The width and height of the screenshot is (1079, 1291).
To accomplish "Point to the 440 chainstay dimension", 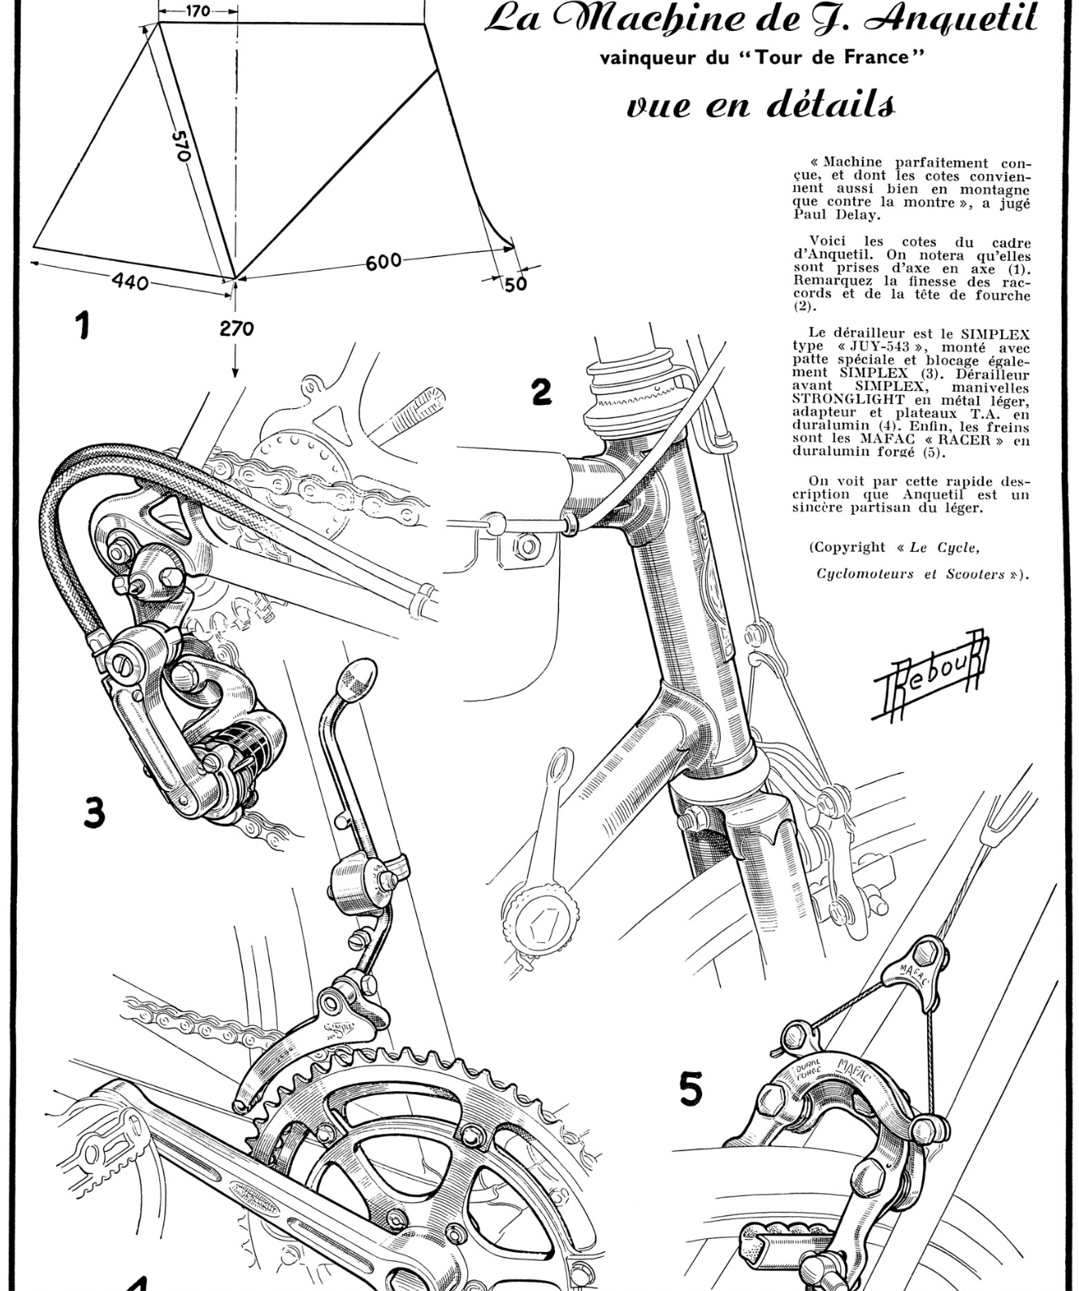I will pyautogui.click(x=130, y=282).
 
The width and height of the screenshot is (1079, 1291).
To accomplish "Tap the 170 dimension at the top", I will pyautogui.click(x=197, y=11).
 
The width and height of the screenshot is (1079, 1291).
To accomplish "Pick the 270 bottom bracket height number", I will pyautogui.click(x=236, y=328).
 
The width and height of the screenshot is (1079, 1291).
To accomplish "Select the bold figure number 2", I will pyautogui.click(x=541, y=391).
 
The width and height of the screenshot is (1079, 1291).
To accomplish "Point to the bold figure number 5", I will pyautogui.click(x=691, y=1089).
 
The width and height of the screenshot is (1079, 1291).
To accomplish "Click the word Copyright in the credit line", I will pyautogui.click(x=847, y=547).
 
